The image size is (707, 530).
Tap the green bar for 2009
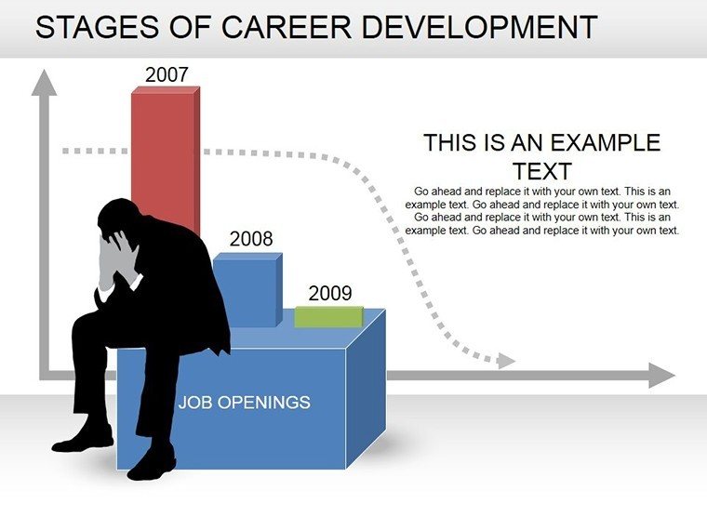329,317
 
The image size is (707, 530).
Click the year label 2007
167,74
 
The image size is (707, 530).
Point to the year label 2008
251,239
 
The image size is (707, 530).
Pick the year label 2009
330,294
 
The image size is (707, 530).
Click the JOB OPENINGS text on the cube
245,402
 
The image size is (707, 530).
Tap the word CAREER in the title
287,27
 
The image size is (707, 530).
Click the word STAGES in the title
97,27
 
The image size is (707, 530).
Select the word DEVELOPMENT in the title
479,27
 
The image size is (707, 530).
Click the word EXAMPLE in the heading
606,143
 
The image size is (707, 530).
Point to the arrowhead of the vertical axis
45,83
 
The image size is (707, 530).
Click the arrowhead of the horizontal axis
661,375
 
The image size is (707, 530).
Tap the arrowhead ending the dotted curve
506,361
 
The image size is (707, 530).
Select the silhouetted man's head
118,219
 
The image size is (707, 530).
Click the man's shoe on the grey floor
83,440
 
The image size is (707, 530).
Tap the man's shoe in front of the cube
152,464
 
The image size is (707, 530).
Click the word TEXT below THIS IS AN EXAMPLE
542,172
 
